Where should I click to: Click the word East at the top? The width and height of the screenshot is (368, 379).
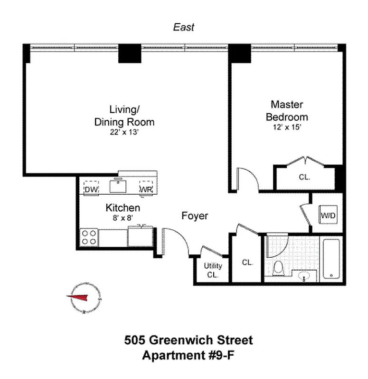point(183,28)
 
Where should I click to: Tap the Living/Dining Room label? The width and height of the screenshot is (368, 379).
point(124,116)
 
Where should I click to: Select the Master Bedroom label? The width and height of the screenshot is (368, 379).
point(287,110)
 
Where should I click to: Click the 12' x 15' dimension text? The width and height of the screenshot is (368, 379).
point(287,126)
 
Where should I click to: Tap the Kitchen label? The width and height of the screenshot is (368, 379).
point(123,208)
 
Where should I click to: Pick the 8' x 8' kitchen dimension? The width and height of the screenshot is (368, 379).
point(123,218)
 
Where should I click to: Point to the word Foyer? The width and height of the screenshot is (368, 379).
point(195,216)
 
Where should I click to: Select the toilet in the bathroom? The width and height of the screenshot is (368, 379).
point(279,269)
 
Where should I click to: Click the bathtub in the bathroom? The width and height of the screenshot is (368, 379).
point(330,259)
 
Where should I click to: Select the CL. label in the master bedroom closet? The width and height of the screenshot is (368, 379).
point(304,178)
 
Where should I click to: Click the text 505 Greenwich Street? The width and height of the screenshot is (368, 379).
point(188,340)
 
